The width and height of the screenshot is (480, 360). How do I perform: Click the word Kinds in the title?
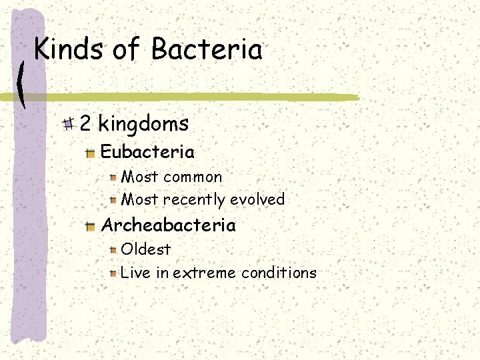pos(68,49)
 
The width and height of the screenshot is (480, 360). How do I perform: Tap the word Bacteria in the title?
pos(207,49)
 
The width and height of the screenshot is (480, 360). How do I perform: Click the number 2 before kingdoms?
pos(86,123)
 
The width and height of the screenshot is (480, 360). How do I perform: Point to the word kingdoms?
pos(143,124)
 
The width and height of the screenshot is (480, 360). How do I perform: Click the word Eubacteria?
pos(147,152)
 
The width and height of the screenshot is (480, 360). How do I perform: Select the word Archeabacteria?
pos(168,225)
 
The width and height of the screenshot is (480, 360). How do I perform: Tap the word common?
pos(193,177)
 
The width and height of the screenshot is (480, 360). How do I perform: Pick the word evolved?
pos(257,199)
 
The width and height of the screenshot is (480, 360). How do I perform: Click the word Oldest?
pos(146,249)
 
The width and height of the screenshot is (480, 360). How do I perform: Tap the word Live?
pos(136,273)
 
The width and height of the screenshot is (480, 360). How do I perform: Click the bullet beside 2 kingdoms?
pos(68,123)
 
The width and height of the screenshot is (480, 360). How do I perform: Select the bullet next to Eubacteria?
pos(91,153)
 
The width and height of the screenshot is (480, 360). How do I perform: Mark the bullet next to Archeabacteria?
pos(91,227)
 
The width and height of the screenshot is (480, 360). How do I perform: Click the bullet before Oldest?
pos(114,250)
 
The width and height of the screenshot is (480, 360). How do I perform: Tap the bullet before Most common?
pos(114,178)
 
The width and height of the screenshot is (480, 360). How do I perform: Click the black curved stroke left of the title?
pos(22,83)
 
